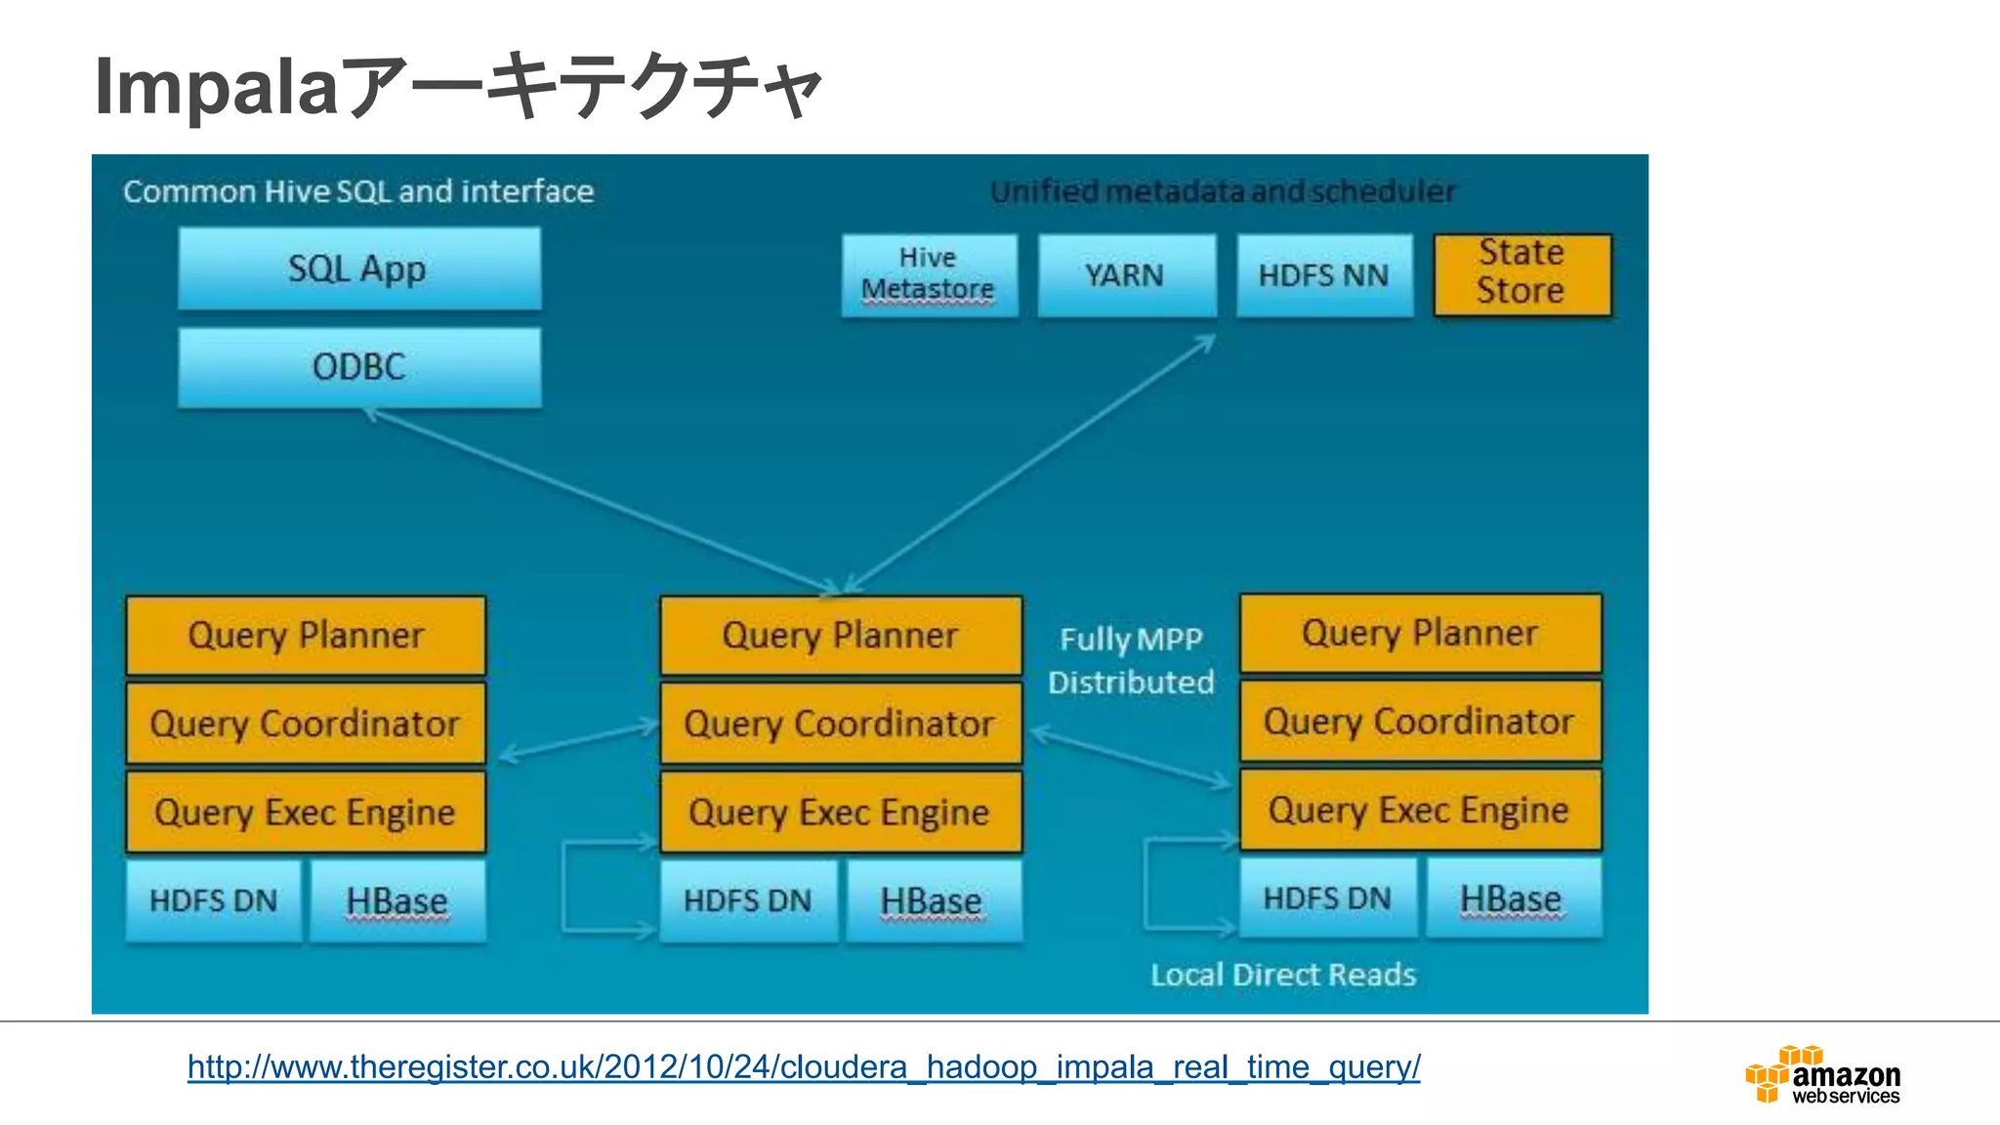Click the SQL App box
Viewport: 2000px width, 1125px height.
tap(359, 269)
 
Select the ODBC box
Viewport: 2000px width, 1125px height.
tap(359, 367)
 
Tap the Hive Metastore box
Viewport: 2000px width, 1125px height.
tap(929, 274)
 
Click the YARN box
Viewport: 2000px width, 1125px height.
tap(1126, 275)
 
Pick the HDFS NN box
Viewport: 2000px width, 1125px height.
tap(1323, 275)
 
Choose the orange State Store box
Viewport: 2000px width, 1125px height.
tap(1521, 273)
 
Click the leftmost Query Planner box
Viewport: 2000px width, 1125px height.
tap(306, 636)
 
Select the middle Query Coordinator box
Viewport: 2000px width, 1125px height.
tap(840, 724)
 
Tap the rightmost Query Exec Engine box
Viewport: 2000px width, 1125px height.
tap(1420, 810)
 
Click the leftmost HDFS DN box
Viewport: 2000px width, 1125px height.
tap(213, 900)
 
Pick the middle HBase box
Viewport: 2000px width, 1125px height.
tap(932, 900)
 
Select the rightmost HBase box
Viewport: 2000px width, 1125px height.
tap(1512, 898)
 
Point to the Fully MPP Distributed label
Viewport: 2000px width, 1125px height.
tap(1131, 660)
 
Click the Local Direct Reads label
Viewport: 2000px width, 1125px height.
tap(1282, 975)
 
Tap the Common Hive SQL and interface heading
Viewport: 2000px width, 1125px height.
tap(358, 191)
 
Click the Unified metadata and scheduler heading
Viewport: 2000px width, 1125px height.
tap(1223, 191)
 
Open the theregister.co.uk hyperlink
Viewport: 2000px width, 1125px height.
tap(803, 1066)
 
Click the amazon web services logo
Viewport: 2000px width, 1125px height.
tap(1822, 1076)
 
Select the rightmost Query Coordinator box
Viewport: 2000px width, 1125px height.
tap(1420, 722)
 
